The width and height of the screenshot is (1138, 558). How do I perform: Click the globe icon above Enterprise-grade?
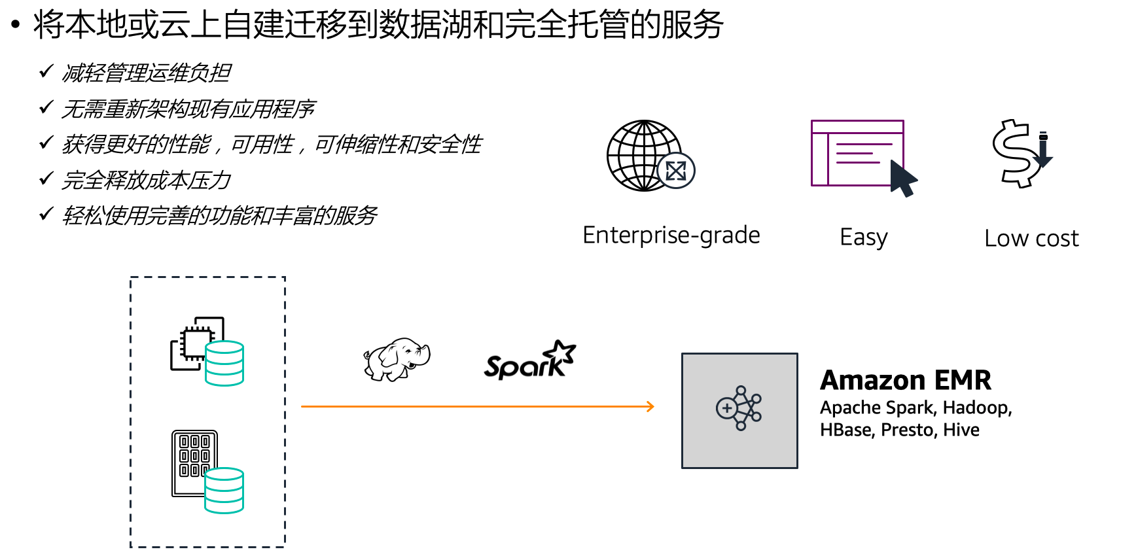[x=645, y=156]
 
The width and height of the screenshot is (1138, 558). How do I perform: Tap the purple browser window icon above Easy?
[x=857, y=153]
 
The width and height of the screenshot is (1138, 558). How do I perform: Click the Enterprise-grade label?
[x=671, y=235]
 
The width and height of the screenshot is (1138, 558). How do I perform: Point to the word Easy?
[x=863, y=237]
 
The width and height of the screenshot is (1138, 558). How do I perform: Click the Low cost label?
[x=1031, y=239]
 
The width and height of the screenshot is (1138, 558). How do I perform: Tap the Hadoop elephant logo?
[x=397, y=359]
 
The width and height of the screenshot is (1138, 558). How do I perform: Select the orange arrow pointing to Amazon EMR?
[x=477, y=406]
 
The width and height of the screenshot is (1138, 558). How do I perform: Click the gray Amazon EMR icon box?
[x=739, y=410]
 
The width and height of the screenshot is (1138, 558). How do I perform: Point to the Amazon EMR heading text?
[x=905, y=380]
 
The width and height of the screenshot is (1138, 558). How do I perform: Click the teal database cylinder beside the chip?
[x=224, y=363]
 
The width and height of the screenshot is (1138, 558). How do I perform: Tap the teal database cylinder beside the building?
[x=224, y=490]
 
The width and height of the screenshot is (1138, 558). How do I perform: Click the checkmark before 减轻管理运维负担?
[x=46, y=71]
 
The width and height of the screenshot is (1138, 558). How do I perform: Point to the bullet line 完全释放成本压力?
[x=146, y=180]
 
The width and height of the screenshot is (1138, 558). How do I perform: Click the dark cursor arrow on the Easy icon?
[x=904, y=179]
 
